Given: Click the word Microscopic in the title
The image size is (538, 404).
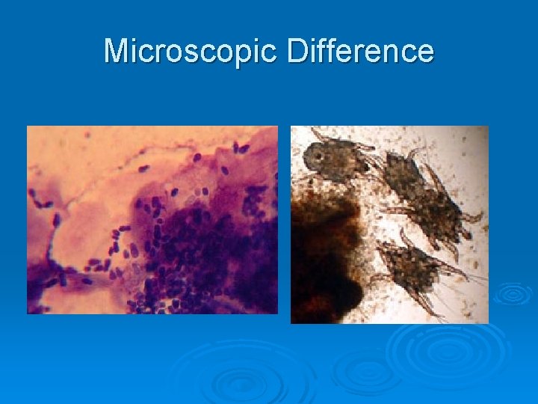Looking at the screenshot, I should [191, 52].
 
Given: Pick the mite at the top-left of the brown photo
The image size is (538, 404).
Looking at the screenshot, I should [336, 161].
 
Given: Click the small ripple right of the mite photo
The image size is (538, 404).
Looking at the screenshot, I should [513, 293].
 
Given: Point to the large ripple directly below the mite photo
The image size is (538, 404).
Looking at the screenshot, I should [441, 352].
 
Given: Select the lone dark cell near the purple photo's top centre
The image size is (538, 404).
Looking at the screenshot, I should [197, 158].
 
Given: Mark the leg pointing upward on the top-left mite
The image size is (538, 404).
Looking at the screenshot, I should [320, 134].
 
